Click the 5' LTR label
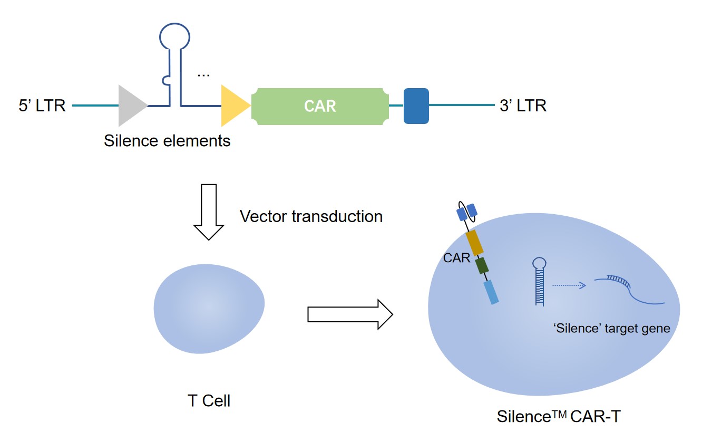coord(42,106)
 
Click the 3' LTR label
coord(523,106)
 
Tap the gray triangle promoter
coord(131,106)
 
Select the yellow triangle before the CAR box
coord(233,106)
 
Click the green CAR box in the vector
coord(320,106)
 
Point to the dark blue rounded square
coord(416,106)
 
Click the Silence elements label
coord(167,141)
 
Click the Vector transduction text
coord(311,216)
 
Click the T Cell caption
coord(209,401)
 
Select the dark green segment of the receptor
coord(482,265)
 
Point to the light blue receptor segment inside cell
coord(491,291)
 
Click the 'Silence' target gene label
coord(611,329)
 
